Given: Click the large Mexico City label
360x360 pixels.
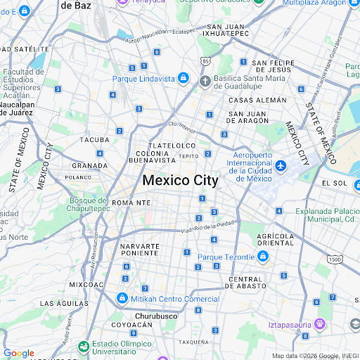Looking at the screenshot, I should click(x=180, y=180).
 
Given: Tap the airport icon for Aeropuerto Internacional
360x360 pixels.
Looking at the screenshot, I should click(x=281, y=166).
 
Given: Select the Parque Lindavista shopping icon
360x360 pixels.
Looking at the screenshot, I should click(x=183, y=77).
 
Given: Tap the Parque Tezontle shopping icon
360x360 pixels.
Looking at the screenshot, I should click(x=262, y=257).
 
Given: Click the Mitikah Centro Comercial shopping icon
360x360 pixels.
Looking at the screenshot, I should click(x=122, y=298).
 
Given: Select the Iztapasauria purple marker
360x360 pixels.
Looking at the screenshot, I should click(x=319, y=323).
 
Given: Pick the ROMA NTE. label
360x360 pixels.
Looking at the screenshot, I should click(x=132, y=202).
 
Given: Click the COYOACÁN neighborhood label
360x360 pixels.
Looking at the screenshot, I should click(x=133, y=325).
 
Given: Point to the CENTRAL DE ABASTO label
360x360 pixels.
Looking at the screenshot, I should click(x=245, y=283).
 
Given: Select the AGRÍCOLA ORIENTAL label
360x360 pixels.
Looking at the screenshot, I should click(x=276, y=239).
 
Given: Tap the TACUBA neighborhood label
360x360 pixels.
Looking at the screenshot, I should click(x=95, y=140).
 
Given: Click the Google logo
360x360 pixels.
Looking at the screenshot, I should click(x=19, y=353).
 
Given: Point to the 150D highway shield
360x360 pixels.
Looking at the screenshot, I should click(x=335, y=259).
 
